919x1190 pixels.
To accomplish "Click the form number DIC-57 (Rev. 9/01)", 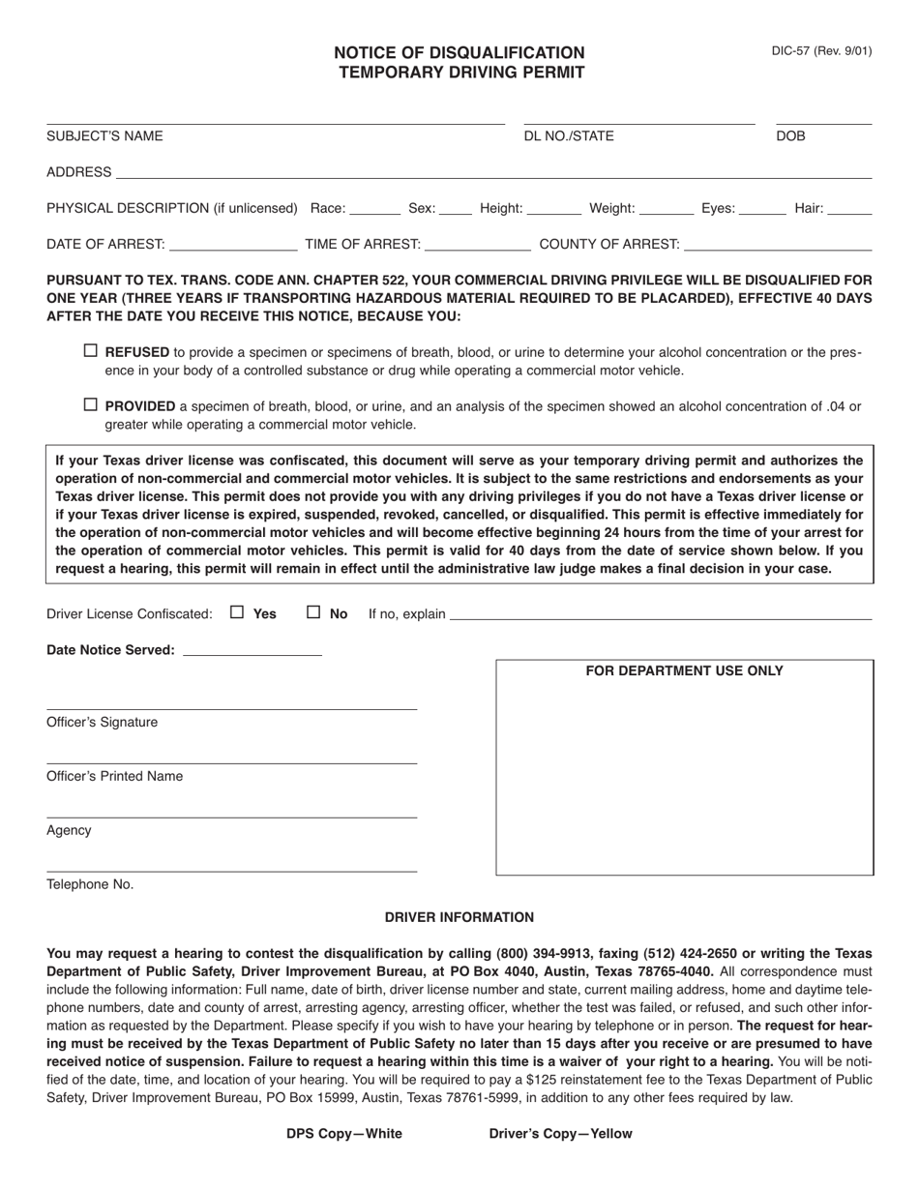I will click(x=821, y=51).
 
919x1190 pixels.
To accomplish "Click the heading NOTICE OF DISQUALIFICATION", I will click(x=459, y=53).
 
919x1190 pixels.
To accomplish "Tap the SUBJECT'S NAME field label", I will click(x=104, y=136).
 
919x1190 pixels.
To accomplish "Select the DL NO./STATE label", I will click(x=569, y=136).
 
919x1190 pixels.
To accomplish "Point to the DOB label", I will click(x=790, y=136).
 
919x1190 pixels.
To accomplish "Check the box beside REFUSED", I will click(x=91, y=351).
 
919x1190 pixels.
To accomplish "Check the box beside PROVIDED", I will click(x=91, y=405).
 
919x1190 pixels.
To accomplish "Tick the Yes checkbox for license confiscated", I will click(x=237, y=612).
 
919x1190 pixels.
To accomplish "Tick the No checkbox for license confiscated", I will click(x=313, y=612).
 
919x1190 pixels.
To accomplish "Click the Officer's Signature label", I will click(x=102, y=723).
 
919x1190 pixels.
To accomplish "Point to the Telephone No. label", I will click(x=90, y=884).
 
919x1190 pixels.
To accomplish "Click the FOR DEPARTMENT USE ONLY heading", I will click(x=684, y=671).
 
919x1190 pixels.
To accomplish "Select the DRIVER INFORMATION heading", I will click(x=459, y=917).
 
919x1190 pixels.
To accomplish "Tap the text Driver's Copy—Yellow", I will click(x=560, y=1134).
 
